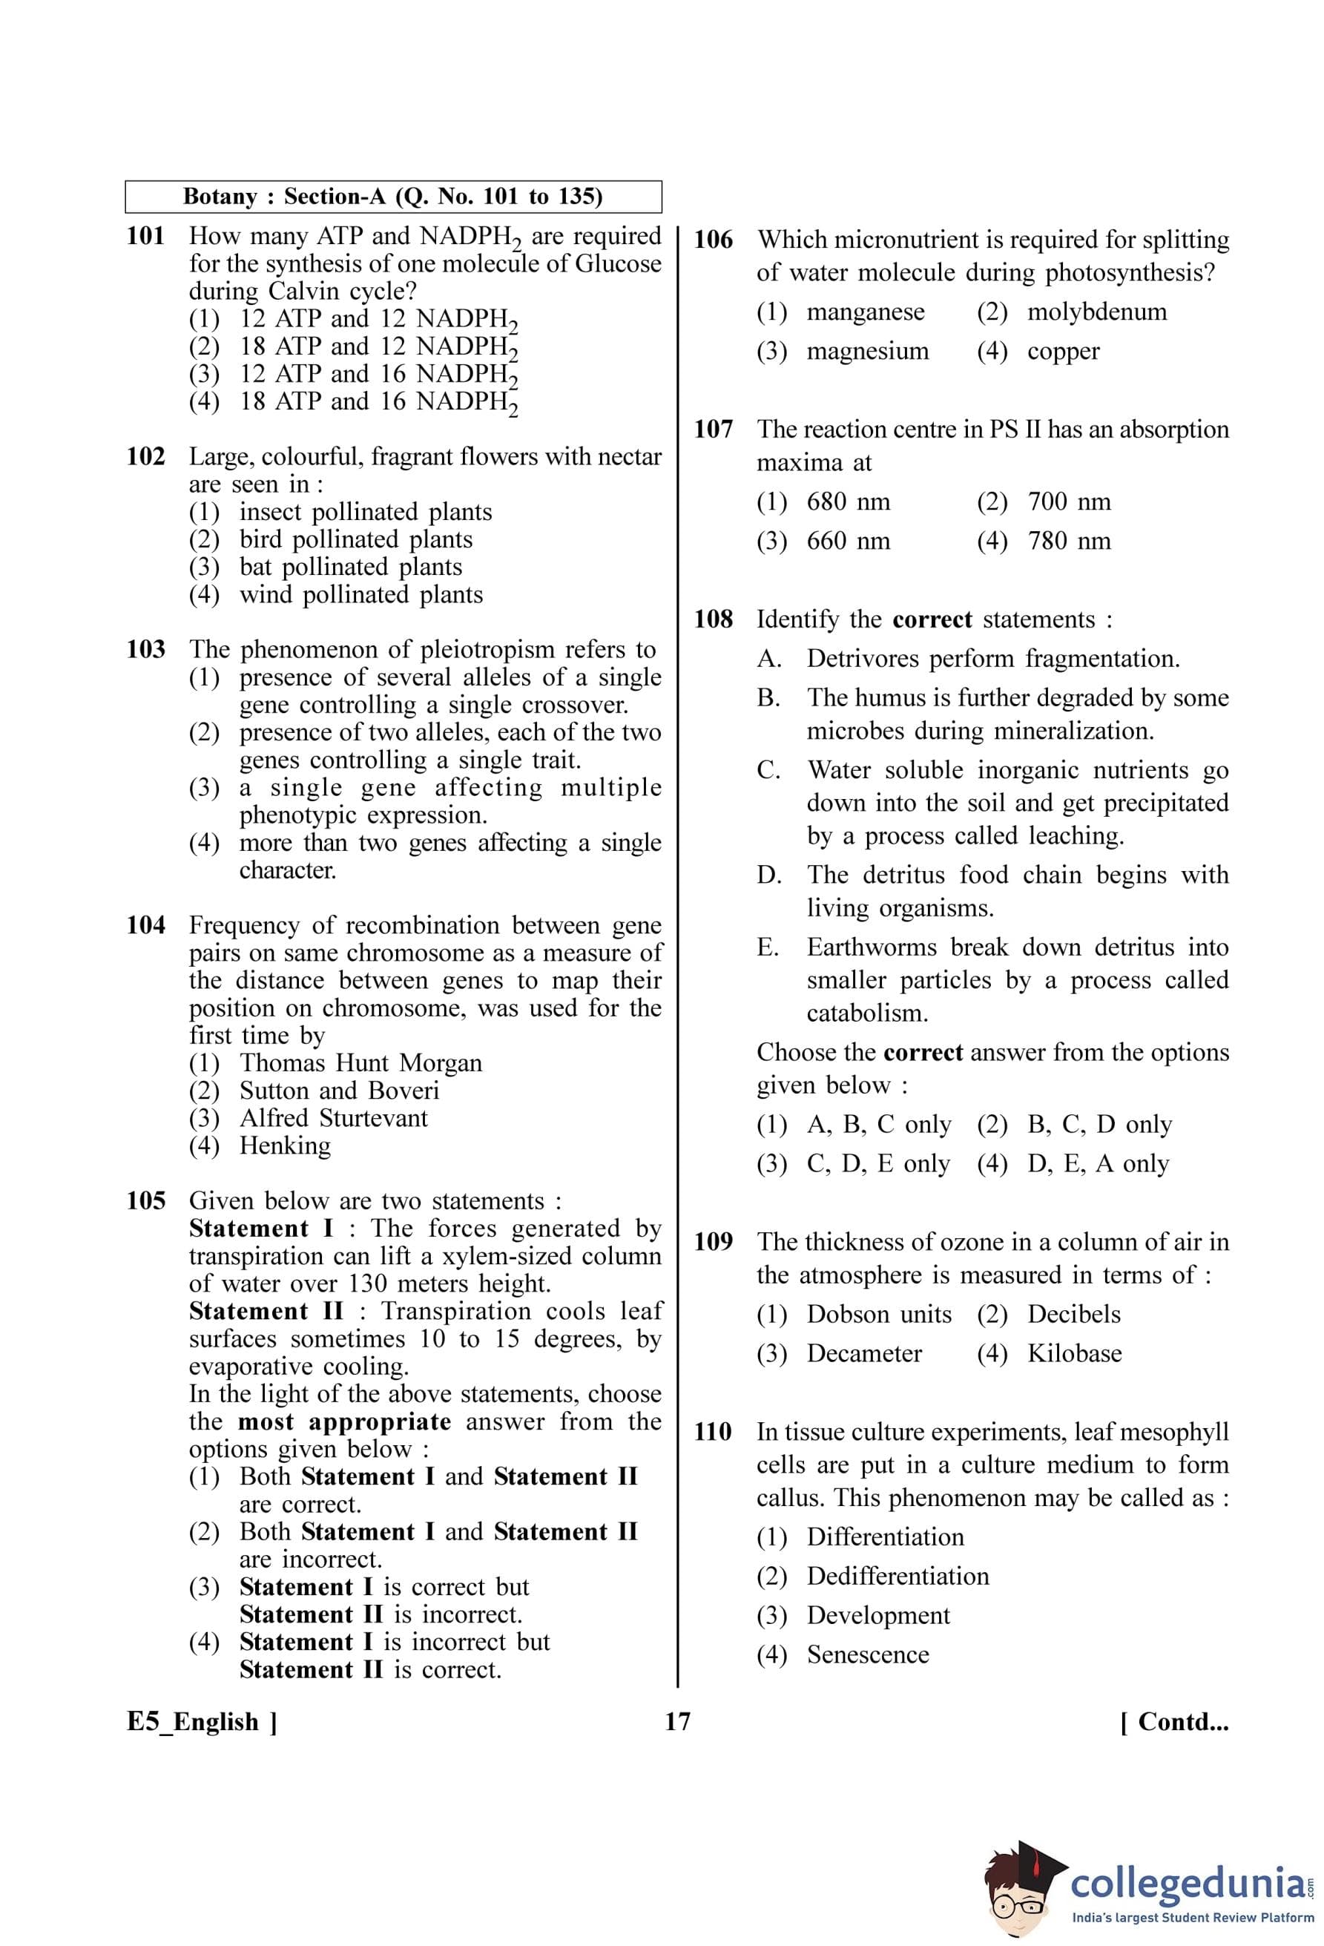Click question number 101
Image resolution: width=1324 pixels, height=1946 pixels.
(145, 236)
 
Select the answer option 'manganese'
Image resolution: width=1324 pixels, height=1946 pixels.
(866, 312)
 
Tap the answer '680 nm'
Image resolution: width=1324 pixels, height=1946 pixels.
(848, 502)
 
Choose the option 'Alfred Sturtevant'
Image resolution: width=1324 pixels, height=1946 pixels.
(333, 1118)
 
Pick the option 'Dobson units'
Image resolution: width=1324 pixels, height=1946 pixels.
(879, 1314)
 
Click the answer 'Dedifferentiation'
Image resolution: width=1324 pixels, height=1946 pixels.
(898, 1576)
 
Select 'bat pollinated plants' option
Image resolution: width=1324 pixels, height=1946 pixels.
(350, 567)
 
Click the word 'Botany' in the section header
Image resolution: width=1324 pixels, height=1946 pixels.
(220, 197)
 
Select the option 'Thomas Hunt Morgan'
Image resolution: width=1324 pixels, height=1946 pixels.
(360, 1062)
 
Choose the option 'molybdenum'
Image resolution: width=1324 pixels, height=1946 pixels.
(1096, 312)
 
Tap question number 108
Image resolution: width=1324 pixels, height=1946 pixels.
(713, 619)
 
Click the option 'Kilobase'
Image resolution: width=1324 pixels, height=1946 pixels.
(1075, 1353)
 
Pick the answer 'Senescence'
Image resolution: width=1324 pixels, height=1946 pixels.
(868, 1654)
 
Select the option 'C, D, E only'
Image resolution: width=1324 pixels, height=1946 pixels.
(878, 1163)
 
